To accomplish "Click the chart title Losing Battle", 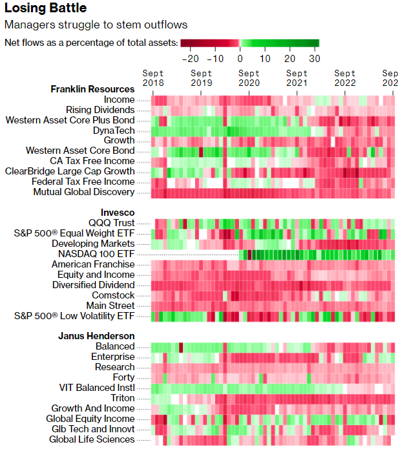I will click(x=45, y=8).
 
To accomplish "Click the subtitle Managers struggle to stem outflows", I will click(x=96, y=25).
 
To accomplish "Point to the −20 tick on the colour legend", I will click(x=191, y=57).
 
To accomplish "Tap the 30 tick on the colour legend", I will click(x=314, y=57).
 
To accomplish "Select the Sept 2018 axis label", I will click(x=153, y=78).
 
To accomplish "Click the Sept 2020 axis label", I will click(x=249, y=78).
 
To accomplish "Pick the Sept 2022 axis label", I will click(x=345, y=78).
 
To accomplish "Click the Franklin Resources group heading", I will click(x=92, y=89).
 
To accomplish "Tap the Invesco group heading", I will click(x=117, y=212).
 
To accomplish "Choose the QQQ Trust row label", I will click(x=112, y=223).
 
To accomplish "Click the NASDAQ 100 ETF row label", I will click(x=96, y=254).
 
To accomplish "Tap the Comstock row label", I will click(x=113, y=295).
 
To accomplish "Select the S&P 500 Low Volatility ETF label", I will click(x=74, y=316).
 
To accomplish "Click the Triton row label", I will click(x=123, y=398).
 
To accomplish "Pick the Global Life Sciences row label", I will click(x=92, y=439).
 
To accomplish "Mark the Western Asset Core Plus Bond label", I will click(x=70, y=120).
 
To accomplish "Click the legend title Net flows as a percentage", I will click(x=90, y=43).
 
